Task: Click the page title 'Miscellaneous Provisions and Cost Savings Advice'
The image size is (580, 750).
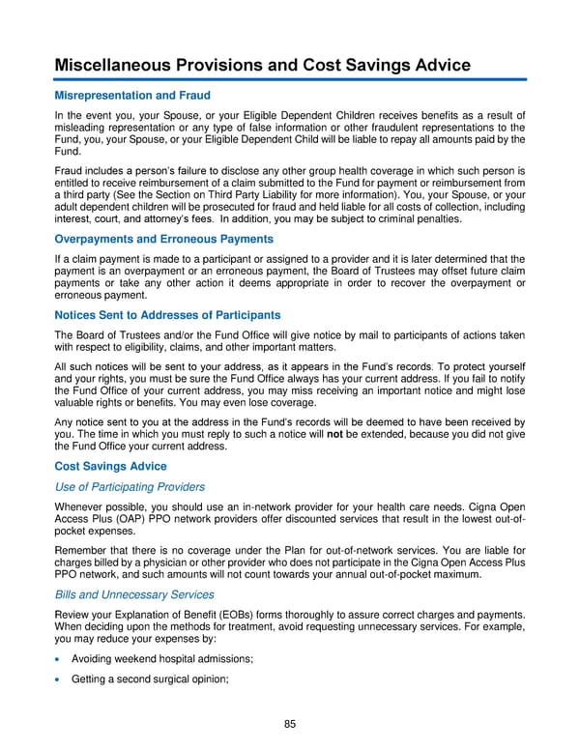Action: point(262,65)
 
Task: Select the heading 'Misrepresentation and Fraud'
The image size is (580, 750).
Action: point(132,96)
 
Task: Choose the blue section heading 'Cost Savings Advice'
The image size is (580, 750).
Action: point(111,465)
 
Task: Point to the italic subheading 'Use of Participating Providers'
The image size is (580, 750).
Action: point(130,486)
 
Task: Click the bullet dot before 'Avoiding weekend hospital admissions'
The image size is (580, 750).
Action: point(60,659)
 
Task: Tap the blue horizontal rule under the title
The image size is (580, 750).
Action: point(290,79)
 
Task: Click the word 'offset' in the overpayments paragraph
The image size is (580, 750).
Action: point(413,272)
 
